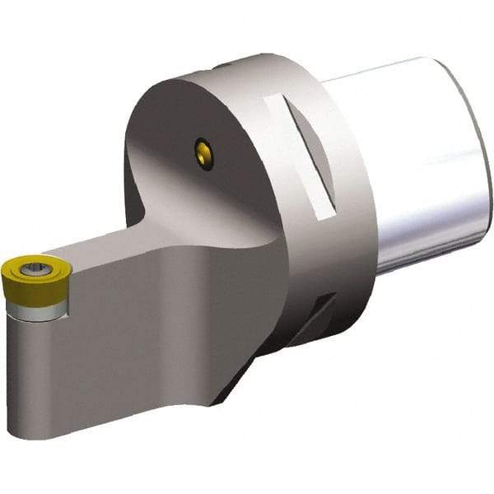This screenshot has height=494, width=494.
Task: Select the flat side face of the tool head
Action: point(123,338)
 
